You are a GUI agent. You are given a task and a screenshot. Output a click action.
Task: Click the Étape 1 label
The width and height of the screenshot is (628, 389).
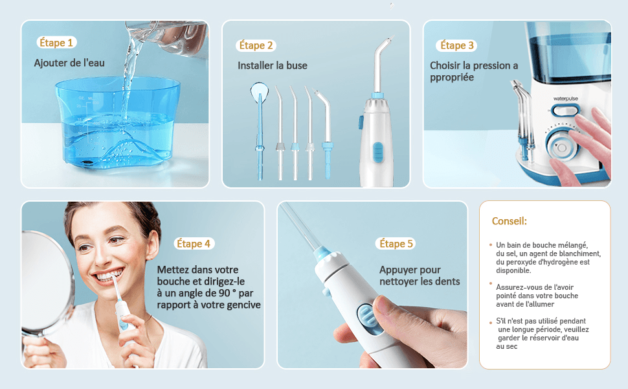coord(56,43)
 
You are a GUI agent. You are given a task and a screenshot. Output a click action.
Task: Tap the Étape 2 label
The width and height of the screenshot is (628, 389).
coord(256,45)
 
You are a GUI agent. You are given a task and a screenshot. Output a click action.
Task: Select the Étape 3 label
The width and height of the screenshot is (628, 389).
coord(456,45)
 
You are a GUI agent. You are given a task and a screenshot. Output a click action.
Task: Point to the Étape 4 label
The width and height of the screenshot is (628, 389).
coord(194,243)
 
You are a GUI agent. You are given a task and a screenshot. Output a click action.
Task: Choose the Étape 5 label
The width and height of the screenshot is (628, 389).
coord(396,243)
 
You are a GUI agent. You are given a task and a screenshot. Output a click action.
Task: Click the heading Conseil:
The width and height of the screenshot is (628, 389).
coord(509,221)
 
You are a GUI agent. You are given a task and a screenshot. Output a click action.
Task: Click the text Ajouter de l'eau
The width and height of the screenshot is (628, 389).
coord(69,63)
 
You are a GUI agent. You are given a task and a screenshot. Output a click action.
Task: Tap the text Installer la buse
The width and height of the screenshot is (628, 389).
coord(273,65)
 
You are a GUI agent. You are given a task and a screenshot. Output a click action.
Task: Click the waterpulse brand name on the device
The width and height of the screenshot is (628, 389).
coord(565,99)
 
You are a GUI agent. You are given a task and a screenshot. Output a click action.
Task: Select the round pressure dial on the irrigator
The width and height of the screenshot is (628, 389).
coord(561,147)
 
